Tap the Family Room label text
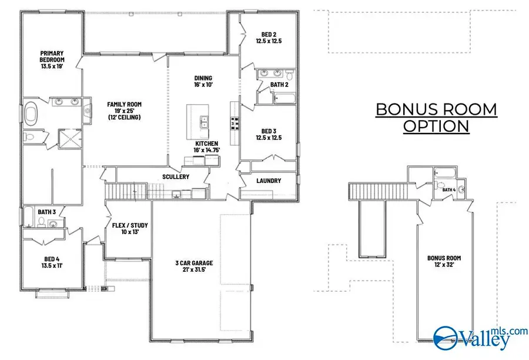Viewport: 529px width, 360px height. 124,111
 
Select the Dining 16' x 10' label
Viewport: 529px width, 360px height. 203,81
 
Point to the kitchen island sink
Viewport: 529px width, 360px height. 203,122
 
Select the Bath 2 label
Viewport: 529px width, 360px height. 279,85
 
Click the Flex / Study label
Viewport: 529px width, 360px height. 130,229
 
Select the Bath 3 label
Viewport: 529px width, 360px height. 46,212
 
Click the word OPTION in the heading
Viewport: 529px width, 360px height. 436,126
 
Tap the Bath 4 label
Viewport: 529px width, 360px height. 449,190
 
